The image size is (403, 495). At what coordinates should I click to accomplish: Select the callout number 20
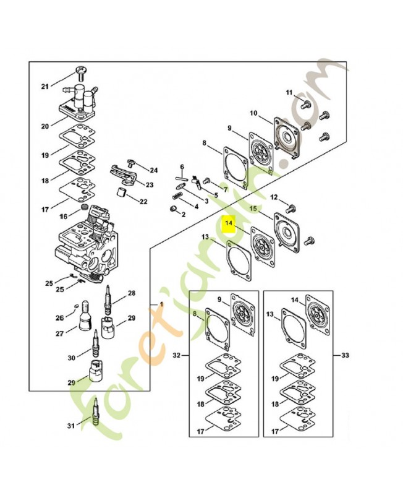coord(45,126)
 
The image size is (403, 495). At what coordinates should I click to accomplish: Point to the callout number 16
coord(63,217)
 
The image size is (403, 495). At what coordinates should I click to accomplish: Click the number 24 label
coord(153,170)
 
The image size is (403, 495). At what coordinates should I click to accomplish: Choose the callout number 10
coord(253,113)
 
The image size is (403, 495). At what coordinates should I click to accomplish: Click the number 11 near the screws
coord(289,93)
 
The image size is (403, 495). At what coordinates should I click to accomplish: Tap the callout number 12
coord(274,197)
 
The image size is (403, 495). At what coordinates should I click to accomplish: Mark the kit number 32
coord(176,356)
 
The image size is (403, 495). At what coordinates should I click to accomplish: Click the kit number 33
coord(345,356)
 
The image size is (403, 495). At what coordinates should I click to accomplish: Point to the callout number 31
coord(70,426)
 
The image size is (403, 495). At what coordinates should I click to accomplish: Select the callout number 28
coord(131,293)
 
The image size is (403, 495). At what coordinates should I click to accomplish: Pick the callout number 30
coord(71,358)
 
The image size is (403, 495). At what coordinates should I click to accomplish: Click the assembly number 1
coord(161,304)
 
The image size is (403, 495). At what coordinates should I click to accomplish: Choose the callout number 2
coord(183,214)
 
